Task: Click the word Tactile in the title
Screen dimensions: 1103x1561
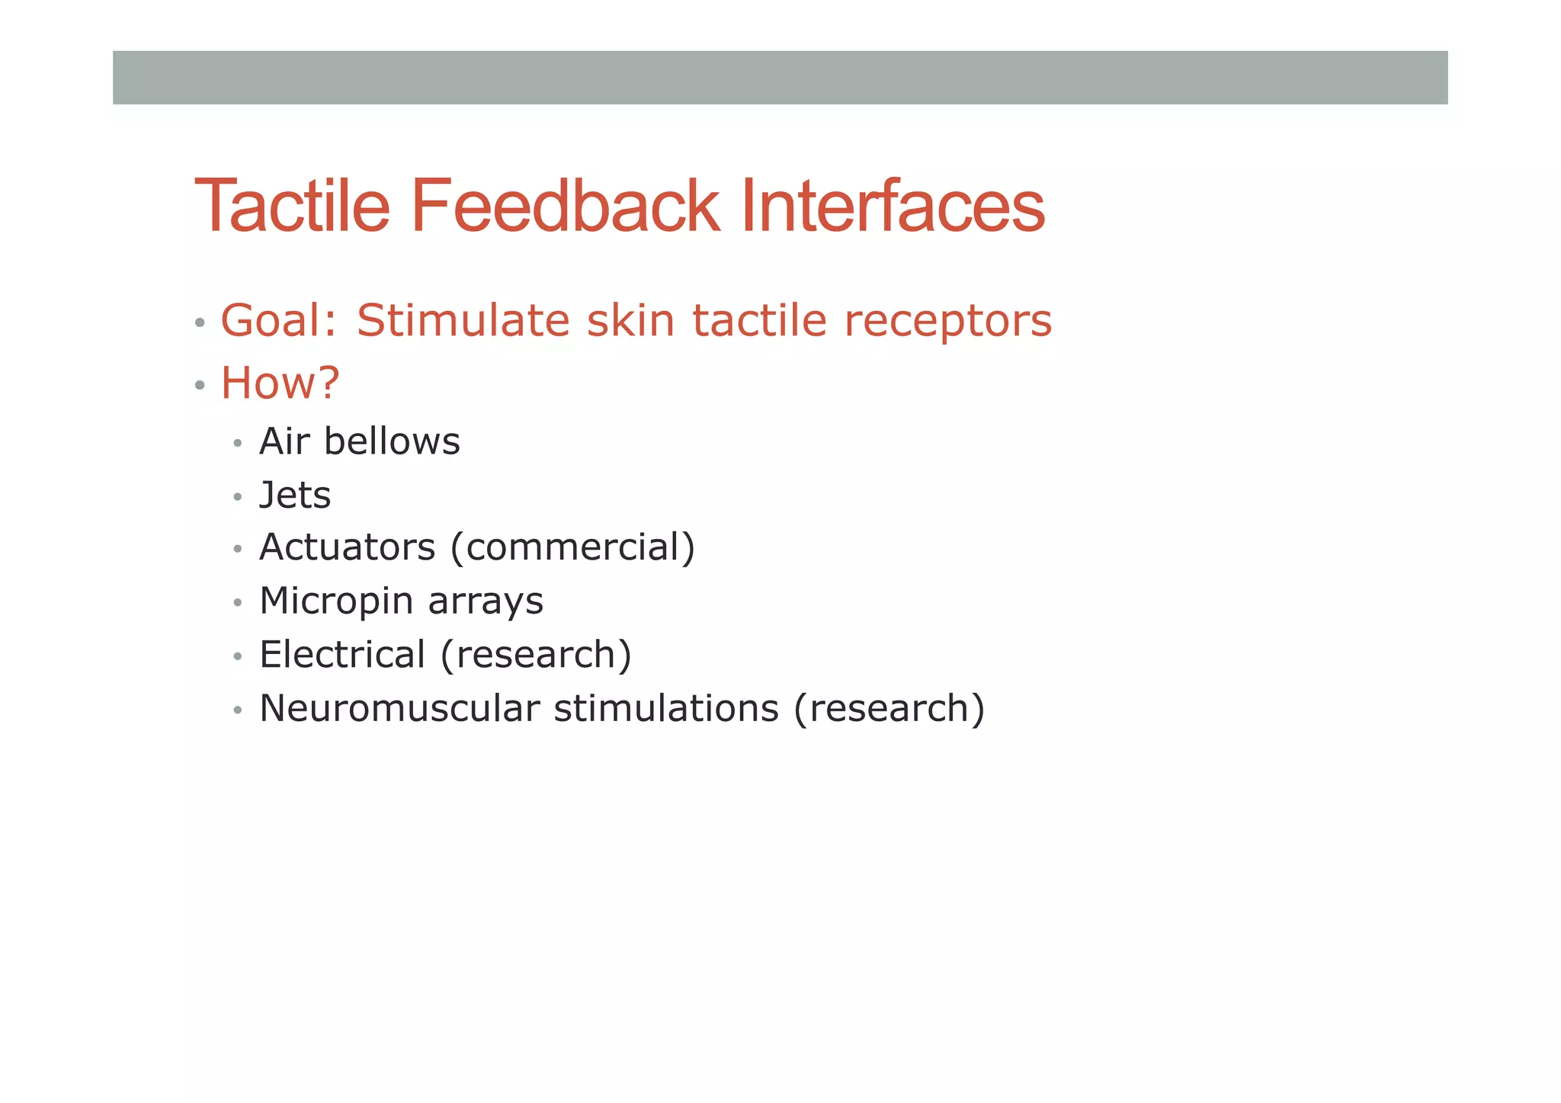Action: (x=293, y=206)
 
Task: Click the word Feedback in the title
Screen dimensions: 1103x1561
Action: (x=565, y=206)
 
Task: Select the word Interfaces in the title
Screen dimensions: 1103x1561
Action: (x=893, y=206)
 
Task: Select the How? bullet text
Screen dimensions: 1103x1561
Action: (x=280, y=383)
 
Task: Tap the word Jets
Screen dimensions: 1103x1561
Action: (x=295, y=495)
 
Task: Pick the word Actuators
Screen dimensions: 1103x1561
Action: (x=347, y=547)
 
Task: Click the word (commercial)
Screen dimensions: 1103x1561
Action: (x=572, y=547)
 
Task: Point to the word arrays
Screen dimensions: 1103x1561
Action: (x=486, y=601)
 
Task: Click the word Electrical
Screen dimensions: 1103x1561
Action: (x=342, y=655)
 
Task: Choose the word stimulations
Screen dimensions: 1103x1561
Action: (x=666, y=708)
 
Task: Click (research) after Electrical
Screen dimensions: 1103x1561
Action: (x=536, y=655)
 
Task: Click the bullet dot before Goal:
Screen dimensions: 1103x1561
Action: (x=200, y=322)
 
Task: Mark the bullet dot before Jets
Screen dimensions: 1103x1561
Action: (x=238, y=498)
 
